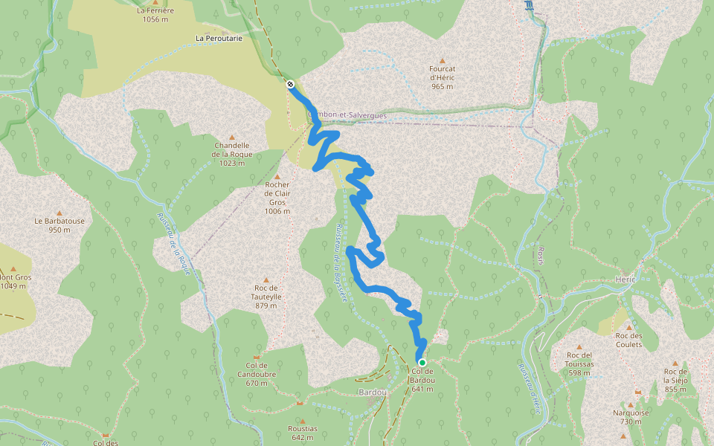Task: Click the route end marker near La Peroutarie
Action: point(290,85)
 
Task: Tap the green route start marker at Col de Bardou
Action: point(422,363)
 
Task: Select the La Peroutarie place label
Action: point(219,37)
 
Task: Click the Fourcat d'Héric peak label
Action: point(442,77)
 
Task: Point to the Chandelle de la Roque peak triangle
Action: point(231,138)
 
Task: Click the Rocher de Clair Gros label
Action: point(277,198)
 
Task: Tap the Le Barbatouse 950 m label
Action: point(59,225)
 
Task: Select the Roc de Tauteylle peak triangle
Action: point(266,280)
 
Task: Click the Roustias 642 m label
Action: point(303,433)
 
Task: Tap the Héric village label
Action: point(626,279)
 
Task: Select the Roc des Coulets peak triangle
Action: point(628,327)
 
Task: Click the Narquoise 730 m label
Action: point(631,417)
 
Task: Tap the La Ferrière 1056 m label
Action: point(155,15)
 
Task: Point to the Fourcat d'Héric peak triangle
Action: point(442,61)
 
